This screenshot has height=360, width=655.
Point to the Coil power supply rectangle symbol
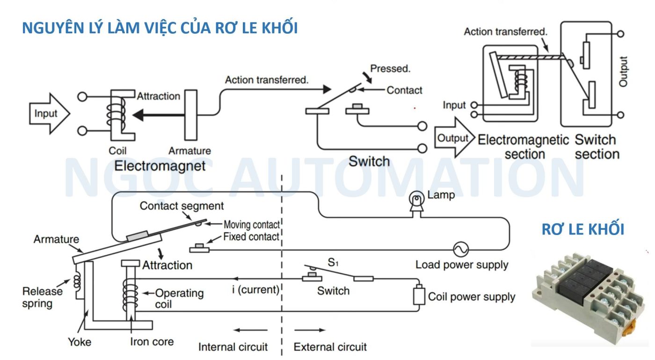pyautogui.click(x=419, y=295)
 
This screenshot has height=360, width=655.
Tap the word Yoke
pyautogui.click(x=80, y=342)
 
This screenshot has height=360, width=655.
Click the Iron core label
pyautogui.click(x=152, y=342)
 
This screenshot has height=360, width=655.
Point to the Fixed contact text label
pyautogui.click(x=251, y=237)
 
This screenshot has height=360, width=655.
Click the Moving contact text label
pyautogui.click(x=252, y=225)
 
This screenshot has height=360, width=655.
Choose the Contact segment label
pyautogui.click(x=182, y=206)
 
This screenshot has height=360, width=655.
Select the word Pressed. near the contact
pyautogui.click(x=390, y=69)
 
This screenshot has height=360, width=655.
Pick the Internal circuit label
pyautogui.click(x=233, y=347)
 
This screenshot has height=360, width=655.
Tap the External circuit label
pyautogui.click(x=330, y=347)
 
